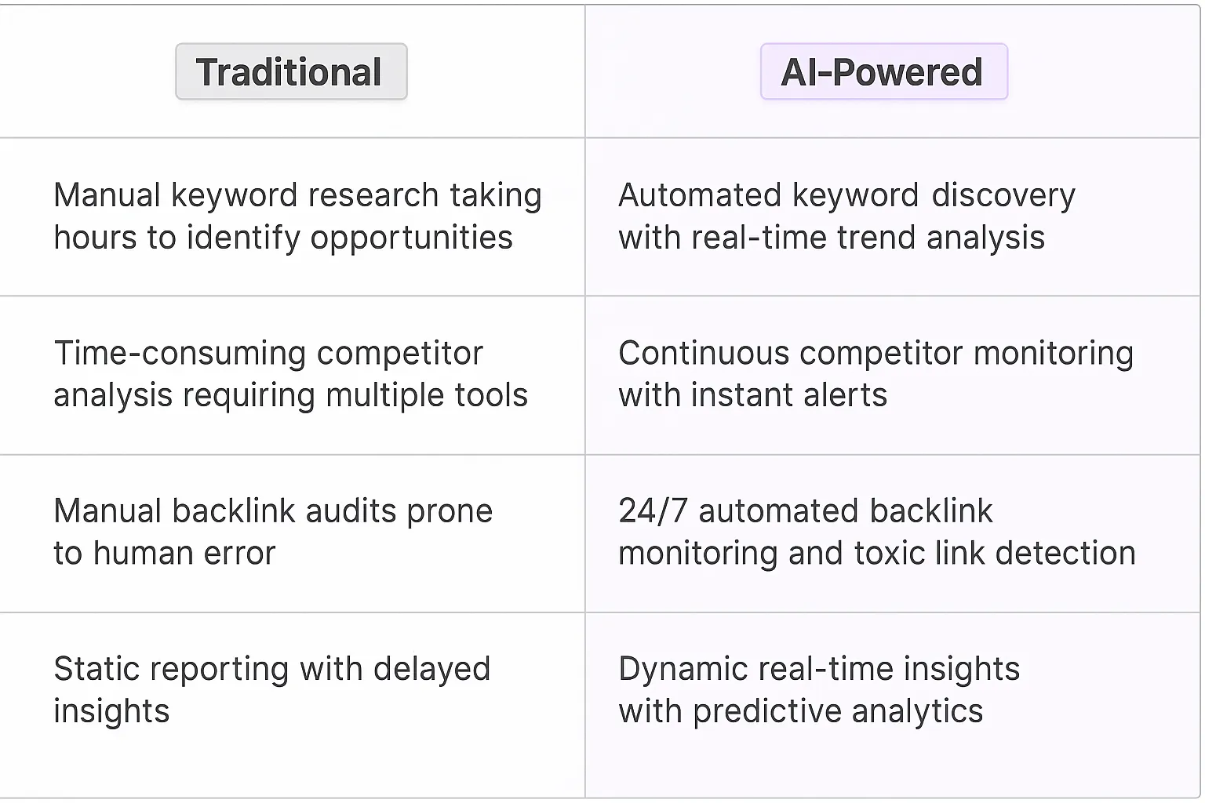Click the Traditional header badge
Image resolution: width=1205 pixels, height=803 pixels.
click(291, 72)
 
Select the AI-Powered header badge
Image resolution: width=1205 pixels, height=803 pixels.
click(883, 72)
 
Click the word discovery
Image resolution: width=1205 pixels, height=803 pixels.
click(1003, 195)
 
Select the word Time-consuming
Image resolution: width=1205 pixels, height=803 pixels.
click(180, 354)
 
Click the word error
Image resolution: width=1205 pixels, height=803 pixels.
click(239, 554)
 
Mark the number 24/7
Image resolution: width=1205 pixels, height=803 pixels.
click(653, 511)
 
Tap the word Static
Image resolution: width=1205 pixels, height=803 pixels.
click(96, 670)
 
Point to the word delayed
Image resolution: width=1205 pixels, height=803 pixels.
click(431, 670)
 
